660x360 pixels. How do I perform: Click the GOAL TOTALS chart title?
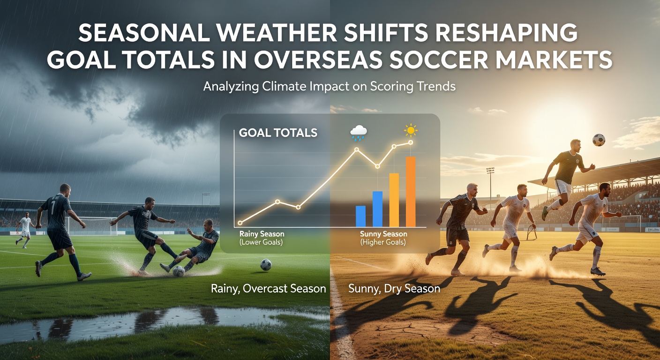[278, 133]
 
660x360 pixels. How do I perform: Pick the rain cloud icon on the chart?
[359, 133]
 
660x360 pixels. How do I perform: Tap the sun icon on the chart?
[411, 130]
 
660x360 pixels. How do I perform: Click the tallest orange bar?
[411, 192]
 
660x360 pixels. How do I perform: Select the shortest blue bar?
[360, 216]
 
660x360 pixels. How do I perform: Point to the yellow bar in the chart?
[394, 200]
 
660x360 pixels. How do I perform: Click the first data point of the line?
[240, 223]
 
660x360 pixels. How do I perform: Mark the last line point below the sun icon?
[411, 142]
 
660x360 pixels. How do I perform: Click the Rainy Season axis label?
[262, 234]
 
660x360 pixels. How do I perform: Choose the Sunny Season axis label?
[383, 234]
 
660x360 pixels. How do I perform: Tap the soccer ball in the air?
[599, 140]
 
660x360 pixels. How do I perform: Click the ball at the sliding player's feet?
[179, 271]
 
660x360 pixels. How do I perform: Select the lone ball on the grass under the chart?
[266, 264]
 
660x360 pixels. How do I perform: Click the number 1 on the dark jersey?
[52, 207]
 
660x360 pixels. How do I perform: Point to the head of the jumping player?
[575, 145]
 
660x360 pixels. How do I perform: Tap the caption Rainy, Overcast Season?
[269, 288]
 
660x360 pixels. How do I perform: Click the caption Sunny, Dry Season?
[394, 288]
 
